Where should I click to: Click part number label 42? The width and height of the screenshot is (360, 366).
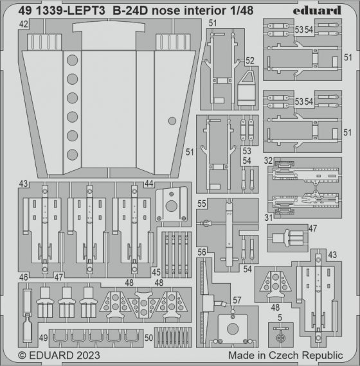point(23,24)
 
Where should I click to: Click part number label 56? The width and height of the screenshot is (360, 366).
point(202,252)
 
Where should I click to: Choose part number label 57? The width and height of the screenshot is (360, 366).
point(237,301)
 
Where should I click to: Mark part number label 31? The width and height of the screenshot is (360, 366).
point(268,217)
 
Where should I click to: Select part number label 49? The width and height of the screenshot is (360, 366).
point(42,338)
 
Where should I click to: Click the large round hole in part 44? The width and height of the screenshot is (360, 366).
point(171,206)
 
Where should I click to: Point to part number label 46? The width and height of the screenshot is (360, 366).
point(23,277)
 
